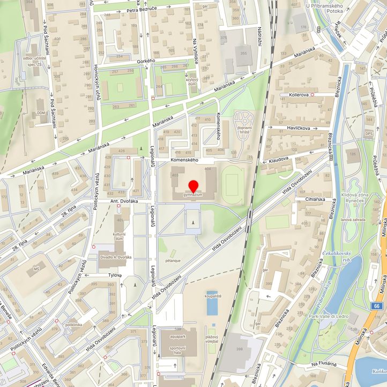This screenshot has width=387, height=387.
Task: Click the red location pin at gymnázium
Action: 193,186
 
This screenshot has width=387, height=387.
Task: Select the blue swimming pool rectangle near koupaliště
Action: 212,303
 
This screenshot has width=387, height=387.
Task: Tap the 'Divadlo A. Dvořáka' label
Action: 117,257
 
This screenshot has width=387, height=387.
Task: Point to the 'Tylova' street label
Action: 115,275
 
